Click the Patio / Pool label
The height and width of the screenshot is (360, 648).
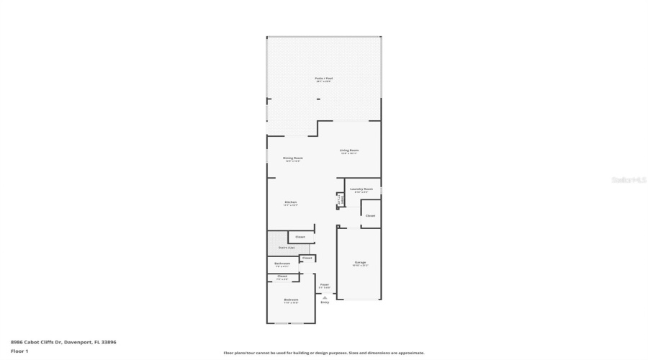coord(323,78)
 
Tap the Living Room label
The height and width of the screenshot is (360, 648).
coord(349,150)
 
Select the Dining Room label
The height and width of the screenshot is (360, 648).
coord(292,158)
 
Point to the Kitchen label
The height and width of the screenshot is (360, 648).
coord(291,202)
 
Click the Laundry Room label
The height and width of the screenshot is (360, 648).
coord(361,189)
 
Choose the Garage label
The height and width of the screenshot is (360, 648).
coord(360,262)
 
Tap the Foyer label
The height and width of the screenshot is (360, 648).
coord(325,284)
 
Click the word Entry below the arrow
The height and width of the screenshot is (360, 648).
coord(325,302)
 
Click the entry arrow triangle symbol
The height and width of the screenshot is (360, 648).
coord(325,297)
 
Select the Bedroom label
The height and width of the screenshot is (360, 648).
coord(291,300)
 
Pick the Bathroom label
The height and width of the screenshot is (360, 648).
coord(282,264)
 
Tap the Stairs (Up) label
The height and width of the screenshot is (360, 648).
coord(287,248)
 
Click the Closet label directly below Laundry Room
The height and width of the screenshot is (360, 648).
coord(370,215)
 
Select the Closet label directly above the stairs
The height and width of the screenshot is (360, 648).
coord(300,237)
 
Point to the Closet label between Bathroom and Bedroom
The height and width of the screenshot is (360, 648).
coord(282,276)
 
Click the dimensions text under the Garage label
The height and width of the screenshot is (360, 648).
coord(360,266)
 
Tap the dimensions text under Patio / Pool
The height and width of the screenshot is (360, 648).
coord(323,81)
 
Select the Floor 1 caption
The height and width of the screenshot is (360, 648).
coord(19,351)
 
